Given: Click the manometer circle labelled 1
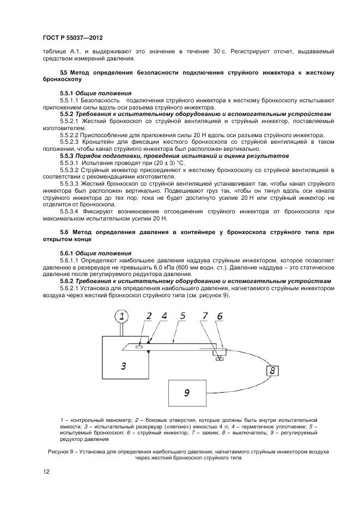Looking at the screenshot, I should pyautogui.click(x=123, y=316).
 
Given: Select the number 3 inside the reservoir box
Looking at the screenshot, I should pyautogui.click(x=124, y=366).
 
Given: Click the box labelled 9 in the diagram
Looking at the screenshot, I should pyautogui.click(x=187, y=392).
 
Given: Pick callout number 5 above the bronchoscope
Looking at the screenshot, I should pyautogui.click(x=183, y=315).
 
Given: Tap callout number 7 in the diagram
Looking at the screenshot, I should pyautogui.click(x=205, y=315).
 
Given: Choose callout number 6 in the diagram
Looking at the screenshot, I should pyautogui.click(x=219, y=316).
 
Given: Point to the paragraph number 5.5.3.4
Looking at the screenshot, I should pyautogui.click(x=70, y=211).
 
